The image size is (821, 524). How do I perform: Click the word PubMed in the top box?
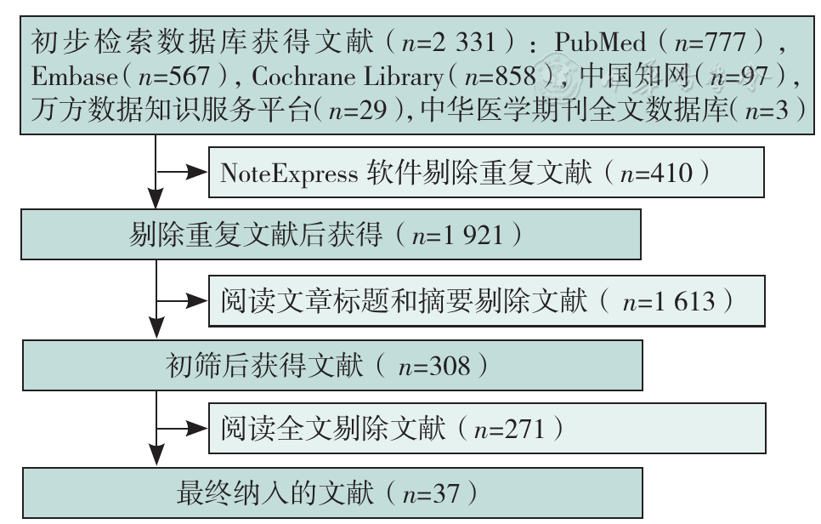[600, 42]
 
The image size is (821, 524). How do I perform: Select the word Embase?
[74, 77]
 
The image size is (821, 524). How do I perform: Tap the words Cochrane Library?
[348, 77]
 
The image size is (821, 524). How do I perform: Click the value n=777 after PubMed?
[710, 42]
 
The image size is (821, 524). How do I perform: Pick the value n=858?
[501, 77]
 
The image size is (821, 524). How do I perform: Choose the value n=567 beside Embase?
[174, 77]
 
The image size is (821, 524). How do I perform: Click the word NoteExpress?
[289, 174]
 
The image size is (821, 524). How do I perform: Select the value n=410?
[656, 173]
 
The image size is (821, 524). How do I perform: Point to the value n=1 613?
[669, 302]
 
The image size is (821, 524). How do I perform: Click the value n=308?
[434, 367]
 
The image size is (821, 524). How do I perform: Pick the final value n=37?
[431, 494]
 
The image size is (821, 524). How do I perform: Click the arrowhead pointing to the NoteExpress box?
[197, 171]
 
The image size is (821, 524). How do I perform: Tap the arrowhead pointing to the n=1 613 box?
[197, 301]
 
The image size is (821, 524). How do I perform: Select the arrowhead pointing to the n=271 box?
[197, 429]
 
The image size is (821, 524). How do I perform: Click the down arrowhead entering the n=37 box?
[156, 455]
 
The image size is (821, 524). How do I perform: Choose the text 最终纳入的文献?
[275, 493]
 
